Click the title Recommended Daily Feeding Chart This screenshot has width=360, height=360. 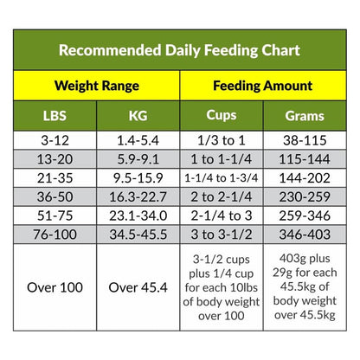coord(179,49)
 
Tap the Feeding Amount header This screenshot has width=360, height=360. coord(262,87)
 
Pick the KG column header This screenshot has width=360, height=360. coord(138,116)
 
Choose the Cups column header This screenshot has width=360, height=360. coord(221,116)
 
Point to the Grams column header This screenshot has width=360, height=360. coord(305,116)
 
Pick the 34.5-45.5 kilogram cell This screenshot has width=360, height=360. coord(138,235)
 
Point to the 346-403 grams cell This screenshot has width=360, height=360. coord(305,235)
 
